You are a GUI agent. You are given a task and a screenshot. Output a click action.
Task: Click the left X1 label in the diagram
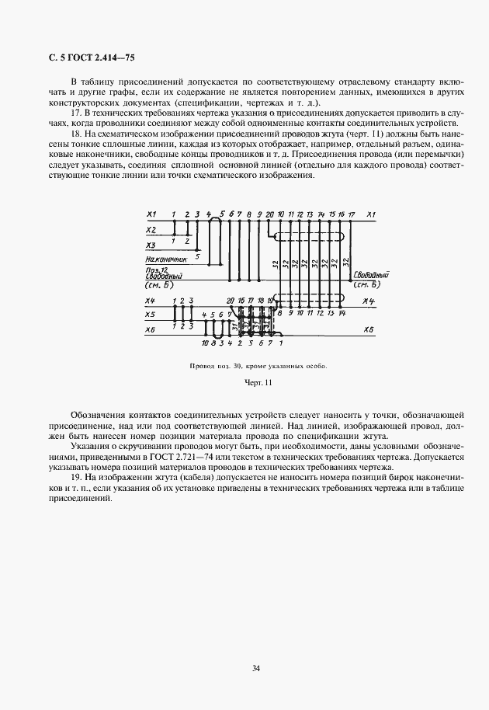click(x=151, y=214)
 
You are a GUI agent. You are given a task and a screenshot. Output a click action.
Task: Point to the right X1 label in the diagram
click(x=371, y=214)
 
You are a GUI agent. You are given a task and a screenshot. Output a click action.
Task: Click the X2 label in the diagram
click(x=151, y=230)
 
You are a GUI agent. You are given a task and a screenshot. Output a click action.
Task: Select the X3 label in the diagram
click(x=151, y=245)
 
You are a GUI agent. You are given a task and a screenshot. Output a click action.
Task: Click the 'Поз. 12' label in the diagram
click(x=155, y=269)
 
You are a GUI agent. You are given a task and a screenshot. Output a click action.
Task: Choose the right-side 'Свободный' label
click(x=370, y=275)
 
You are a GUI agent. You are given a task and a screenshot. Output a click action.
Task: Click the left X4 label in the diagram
click(x=151, y=300)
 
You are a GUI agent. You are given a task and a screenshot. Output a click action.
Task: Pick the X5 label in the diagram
click(x=151, y=315)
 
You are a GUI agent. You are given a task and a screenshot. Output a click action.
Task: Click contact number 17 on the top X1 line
click(x=352, y=214)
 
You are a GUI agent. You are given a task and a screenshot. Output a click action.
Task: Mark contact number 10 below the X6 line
click(x=204, y=342)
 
